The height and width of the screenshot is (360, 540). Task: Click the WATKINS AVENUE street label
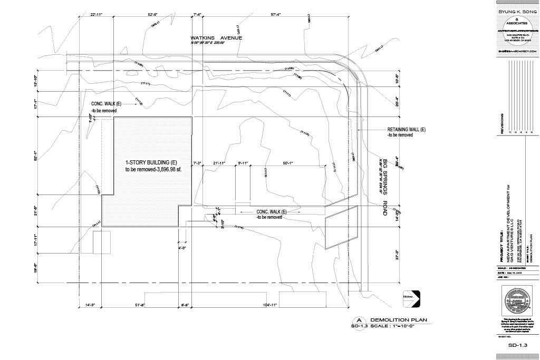217,38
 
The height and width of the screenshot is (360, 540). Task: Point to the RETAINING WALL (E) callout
407,130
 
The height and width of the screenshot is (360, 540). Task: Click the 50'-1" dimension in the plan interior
291,163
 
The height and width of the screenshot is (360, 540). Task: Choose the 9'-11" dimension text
243,163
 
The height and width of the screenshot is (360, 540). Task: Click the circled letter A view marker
359,320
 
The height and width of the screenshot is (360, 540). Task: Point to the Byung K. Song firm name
517,10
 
